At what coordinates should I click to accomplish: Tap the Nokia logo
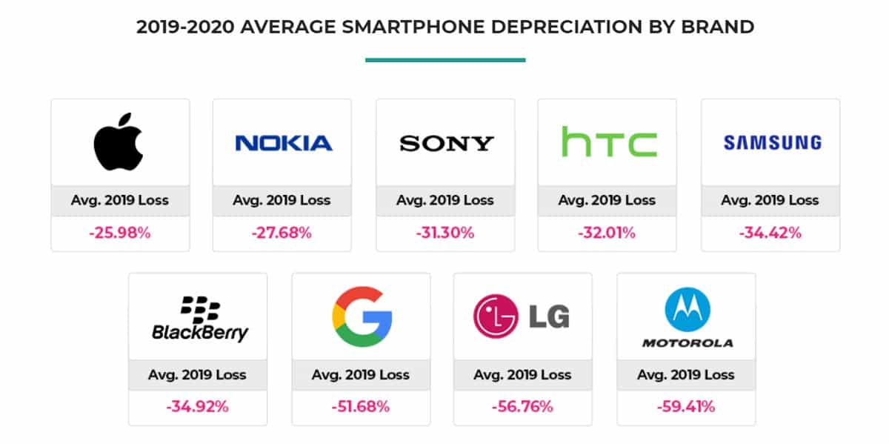click(283, 143)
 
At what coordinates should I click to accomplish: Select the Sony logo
click(446, 143)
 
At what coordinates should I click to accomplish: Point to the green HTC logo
click(608, 142)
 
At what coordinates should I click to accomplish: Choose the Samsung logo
click(772, 142)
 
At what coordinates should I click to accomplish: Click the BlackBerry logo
click(199, 319)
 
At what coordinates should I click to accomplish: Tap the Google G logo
click(362, 317)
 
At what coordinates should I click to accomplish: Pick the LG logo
click(522, 317)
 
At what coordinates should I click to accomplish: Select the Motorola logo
click(687, 318)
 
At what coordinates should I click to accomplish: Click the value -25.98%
click(119, 233)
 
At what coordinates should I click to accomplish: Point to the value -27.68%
click(282, 233)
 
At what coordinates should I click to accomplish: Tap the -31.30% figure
click(445, 233)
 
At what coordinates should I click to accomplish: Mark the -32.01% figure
click(607, 233)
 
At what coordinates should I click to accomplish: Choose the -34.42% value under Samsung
click(770, 233)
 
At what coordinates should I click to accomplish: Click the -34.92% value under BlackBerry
click(197, 406)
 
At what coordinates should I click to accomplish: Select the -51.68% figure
click(361, 406)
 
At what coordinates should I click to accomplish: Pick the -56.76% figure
click(522, 406)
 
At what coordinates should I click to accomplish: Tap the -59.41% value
click(686, 406)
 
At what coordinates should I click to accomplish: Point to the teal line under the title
click(445, 59)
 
